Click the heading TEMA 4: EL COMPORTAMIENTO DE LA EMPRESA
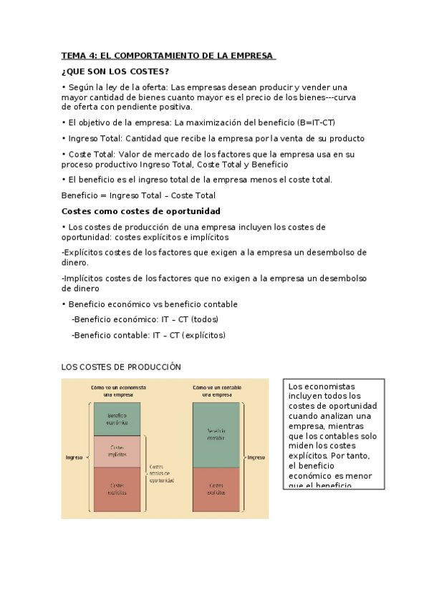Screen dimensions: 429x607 (168, 56)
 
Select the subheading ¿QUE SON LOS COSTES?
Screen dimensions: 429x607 (115, 72)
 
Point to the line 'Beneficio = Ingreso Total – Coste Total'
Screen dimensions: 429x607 (138, 195)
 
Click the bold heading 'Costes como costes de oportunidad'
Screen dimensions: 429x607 (141, 211)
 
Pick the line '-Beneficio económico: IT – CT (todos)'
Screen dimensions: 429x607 (145, 319)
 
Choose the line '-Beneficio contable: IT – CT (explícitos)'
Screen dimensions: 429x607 (148, 334)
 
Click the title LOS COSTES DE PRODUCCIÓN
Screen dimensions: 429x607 (121, 367)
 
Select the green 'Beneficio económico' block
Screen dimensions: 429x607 (117, 419)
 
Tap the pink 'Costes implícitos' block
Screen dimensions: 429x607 (117, 451)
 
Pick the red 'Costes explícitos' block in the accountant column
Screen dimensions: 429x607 (216, 490)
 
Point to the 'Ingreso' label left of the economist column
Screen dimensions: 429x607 (74, 457)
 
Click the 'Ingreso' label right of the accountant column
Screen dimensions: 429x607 (256, 457)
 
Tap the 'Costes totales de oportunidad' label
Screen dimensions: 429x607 (161, 472)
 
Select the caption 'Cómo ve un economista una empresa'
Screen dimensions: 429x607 (118, 391)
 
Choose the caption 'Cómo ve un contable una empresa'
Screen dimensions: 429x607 (216, 391)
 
